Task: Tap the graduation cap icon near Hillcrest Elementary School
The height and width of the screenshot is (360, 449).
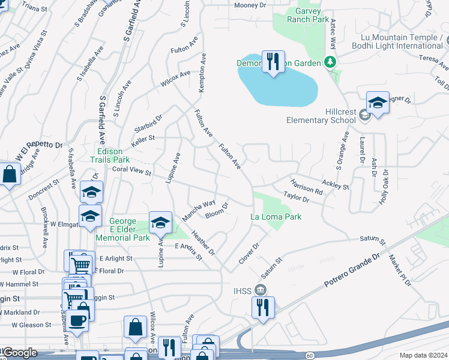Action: [378, 103]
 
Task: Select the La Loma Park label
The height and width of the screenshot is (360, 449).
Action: [276, 217]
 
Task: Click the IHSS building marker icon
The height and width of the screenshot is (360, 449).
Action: [261, 290]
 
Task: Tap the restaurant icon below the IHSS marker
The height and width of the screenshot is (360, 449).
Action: [263, 308]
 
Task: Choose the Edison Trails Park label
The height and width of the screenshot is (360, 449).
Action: [110, 156]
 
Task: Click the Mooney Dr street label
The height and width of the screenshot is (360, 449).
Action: [250, 5]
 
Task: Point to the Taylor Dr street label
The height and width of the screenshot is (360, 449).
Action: [296, 196]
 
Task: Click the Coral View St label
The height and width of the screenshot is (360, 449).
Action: [131, 171]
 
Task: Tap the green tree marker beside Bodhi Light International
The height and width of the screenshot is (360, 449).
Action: [329, 62]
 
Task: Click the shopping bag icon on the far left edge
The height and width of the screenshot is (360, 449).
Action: [10, 175]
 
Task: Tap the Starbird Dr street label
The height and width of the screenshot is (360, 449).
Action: [148, 123]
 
